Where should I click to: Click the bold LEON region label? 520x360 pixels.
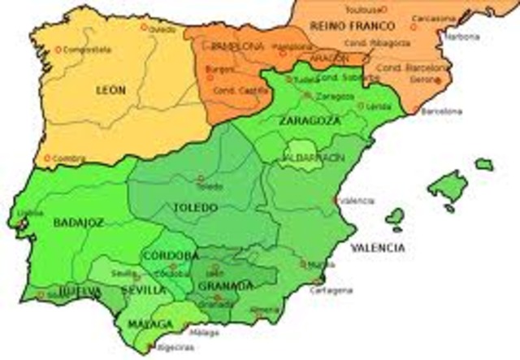pos(111,90)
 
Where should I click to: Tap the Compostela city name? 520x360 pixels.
pos(89,50)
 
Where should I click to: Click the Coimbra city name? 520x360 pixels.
pos(69,158)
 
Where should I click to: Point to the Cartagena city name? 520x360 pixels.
pos(334,290)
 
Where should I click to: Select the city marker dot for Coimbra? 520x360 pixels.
pos(48,158)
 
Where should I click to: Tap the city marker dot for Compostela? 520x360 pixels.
pos(58,50)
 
